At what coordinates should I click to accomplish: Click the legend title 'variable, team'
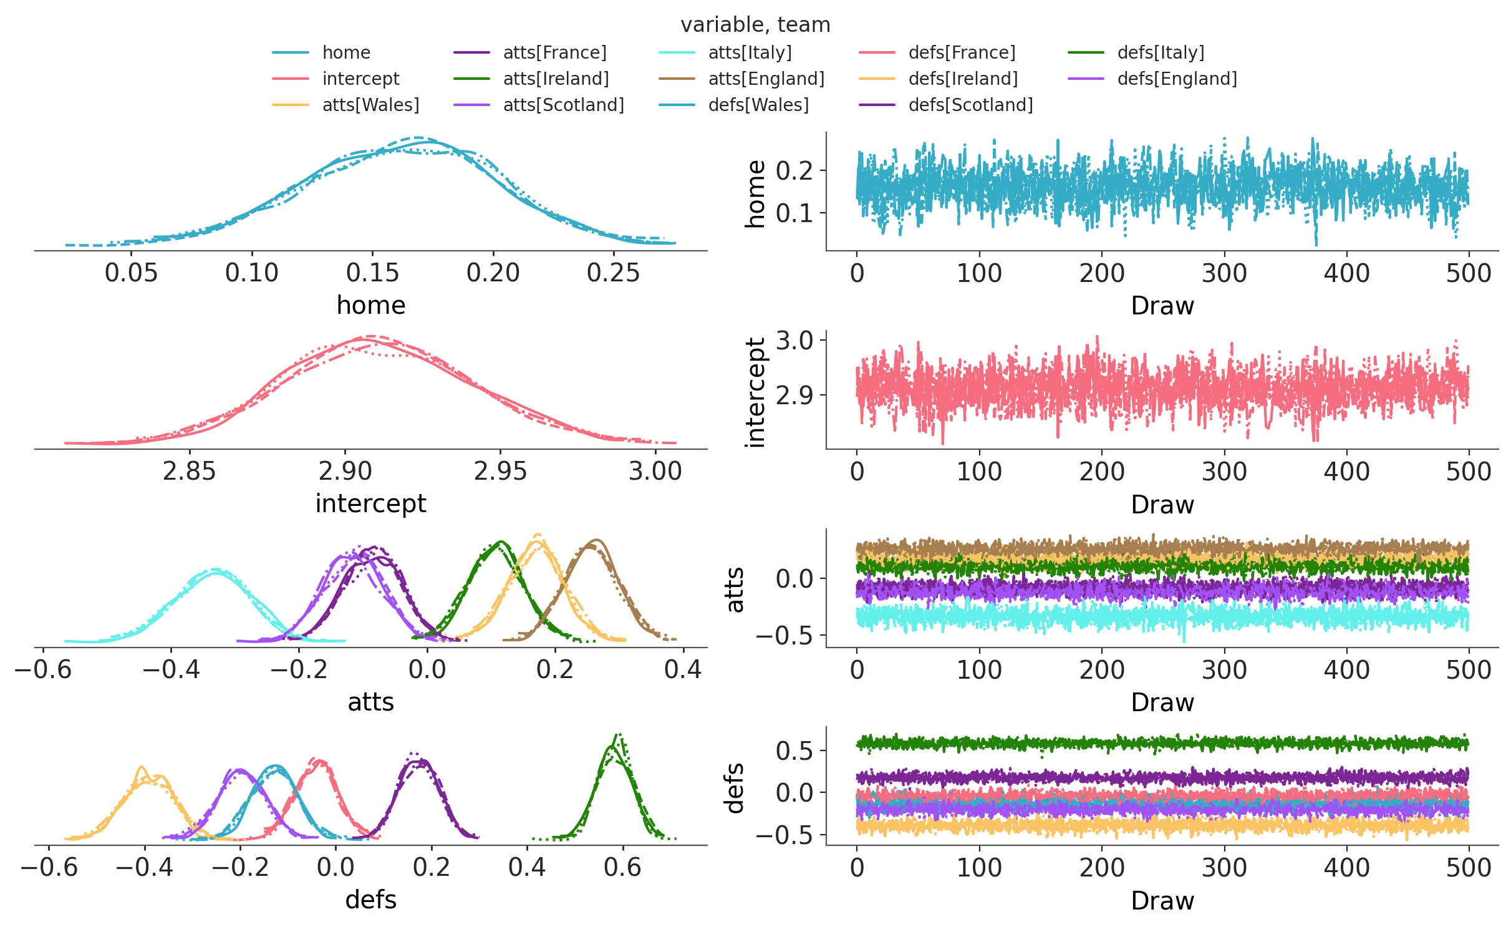click(x=755, y=25)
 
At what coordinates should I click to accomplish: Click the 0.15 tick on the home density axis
click(x=372, y=273)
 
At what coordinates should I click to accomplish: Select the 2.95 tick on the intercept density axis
click(x=500, y=472)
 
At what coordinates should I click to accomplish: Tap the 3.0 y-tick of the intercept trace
click(x=794, y=341)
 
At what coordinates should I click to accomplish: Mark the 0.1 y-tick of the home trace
click(x=794, y=213)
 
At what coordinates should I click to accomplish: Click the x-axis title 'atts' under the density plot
click(x=371, y=702)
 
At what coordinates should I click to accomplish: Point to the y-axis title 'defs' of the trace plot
click(x=736, y=788)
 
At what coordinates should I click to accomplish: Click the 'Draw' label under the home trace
click(x=1162, y=306)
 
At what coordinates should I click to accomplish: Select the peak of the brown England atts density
click(x=597, y=540)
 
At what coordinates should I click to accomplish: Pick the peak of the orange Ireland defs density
click(x=142, y=767)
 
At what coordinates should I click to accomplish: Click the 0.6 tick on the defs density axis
click(x=622, y=868)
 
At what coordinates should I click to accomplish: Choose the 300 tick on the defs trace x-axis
click(x=1224, y=868)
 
